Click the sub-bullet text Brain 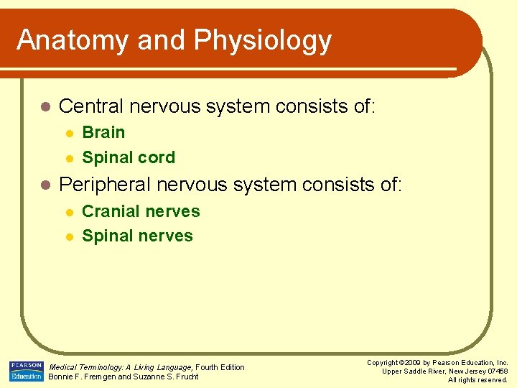click(103, 132)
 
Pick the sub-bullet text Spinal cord click(129, 157)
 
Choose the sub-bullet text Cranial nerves click(141, 211)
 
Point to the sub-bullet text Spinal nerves click(137, 236)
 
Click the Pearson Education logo click(27, 371)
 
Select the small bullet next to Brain click(68, 133)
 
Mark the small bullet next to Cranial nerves click(68, 212)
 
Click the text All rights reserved click(478, 379)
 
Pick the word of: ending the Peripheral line click(388, 185)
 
